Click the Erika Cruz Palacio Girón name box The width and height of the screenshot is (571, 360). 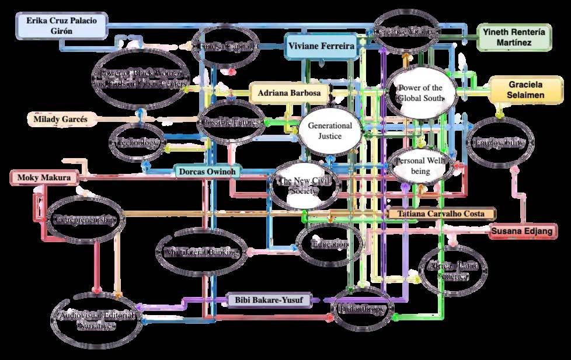[x=61, y=26]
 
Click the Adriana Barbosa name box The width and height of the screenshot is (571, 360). [x=289, y=93]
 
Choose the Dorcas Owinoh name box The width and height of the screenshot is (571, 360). [x=208, y=172]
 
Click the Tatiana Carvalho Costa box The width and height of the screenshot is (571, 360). [x=441, y=214]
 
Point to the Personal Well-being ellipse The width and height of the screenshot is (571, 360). [x=420, y=166]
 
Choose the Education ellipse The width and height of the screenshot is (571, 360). [x=329, y=244]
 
